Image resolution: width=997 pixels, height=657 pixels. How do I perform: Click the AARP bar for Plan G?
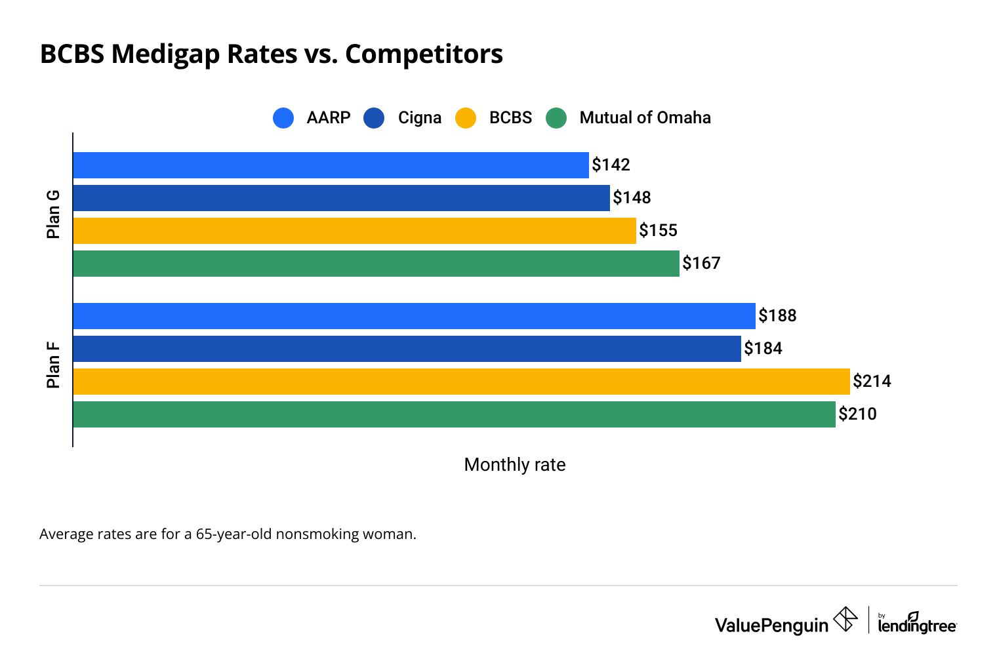click(331, 165)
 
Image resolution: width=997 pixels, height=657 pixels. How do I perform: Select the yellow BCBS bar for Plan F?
click(461, 382)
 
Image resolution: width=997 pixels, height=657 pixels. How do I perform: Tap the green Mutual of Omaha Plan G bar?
click(376, 264)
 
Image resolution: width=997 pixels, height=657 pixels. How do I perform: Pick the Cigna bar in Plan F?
click(407, 349)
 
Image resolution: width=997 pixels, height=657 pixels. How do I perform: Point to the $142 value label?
click(611, 165)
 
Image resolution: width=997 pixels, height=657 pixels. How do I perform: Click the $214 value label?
click(872, 381)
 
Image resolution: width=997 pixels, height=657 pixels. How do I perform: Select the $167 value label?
click(701, 263)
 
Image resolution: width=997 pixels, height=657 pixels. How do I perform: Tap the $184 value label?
click(763, 348)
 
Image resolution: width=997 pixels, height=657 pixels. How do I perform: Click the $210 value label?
click(857, 414)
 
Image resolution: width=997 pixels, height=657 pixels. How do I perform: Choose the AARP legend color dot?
click(283, 118)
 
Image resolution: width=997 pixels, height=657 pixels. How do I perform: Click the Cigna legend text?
click(419, 118)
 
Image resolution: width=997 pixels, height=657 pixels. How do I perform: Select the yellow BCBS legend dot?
click(466, 118)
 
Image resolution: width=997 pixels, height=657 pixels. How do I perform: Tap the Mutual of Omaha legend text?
click(645, 118)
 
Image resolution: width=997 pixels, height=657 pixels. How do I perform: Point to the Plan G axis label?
click(53, 214)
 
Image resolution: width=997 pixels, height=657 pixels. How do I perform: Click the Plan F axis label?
click(53, 365)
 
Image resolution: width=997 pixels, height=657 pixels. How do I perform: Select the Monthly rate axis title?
click(514, 465)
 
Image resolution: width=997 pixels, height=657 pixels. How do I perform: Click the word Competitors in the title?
click(424, 54)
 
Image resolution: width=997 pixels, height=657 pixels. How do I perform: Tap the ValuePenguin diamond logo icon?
click(845, 619)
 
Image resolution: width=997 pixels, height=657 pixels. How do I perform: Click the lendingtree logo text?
click(917, 626)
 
